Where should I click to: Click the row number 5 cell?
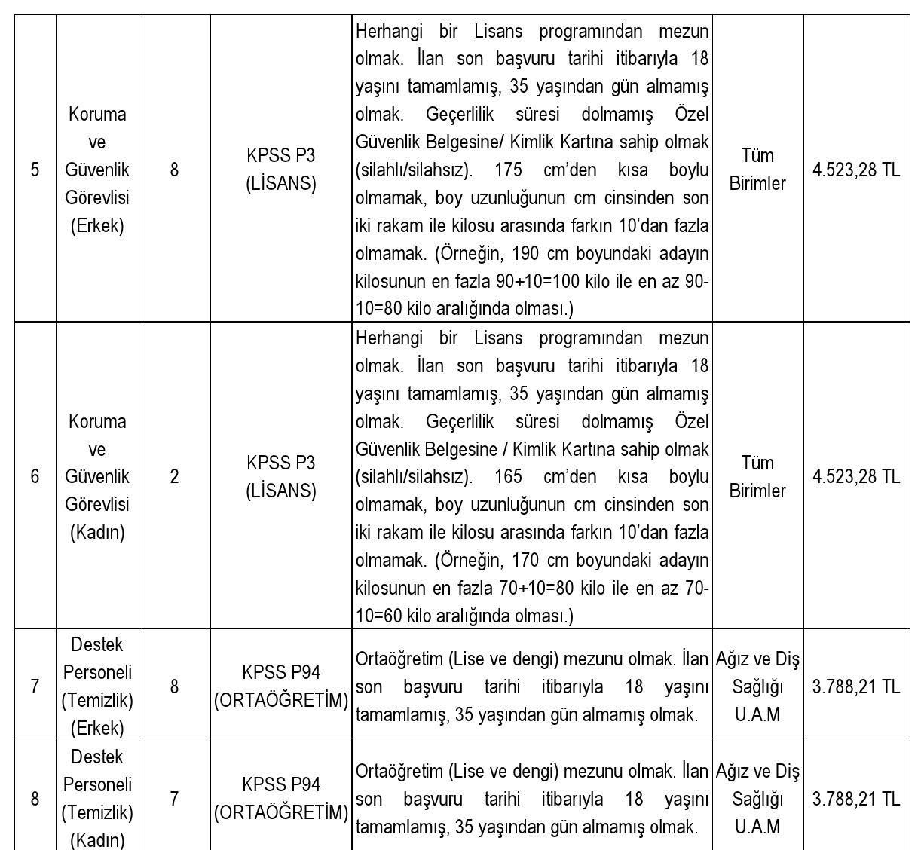click(x=35, y=170)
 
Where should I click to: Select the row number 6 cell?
click(x=35, y=476)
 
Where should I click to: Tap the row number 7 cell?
click(x=35, y=686)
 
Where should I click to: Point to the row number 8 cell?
click(x=35, y=799)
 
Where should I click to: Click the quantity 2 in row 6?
click(x=174, y=476)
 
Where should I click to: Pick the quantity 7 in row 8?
click(x=174, y=799)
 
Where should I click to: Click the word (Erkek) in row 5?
click(x=97, y=225)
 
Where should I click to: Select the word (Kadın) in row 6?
click(x=97, y=532)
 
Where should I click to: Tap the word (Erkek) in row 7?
click(x=97, y=728)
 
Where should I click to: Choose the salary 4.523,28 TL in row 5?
click(x=856, y=170)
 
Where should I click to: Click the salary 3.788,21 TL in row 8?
click(x=856, y=799)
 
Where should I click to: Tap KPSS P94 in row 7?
click(x=281, y=672)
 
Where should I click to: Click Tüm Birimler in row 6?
click(x=757, y=476)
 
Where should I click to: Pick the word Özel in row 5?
click(x=692, y=115)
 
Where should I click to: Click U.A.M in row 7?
click(x=757, y=714)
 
